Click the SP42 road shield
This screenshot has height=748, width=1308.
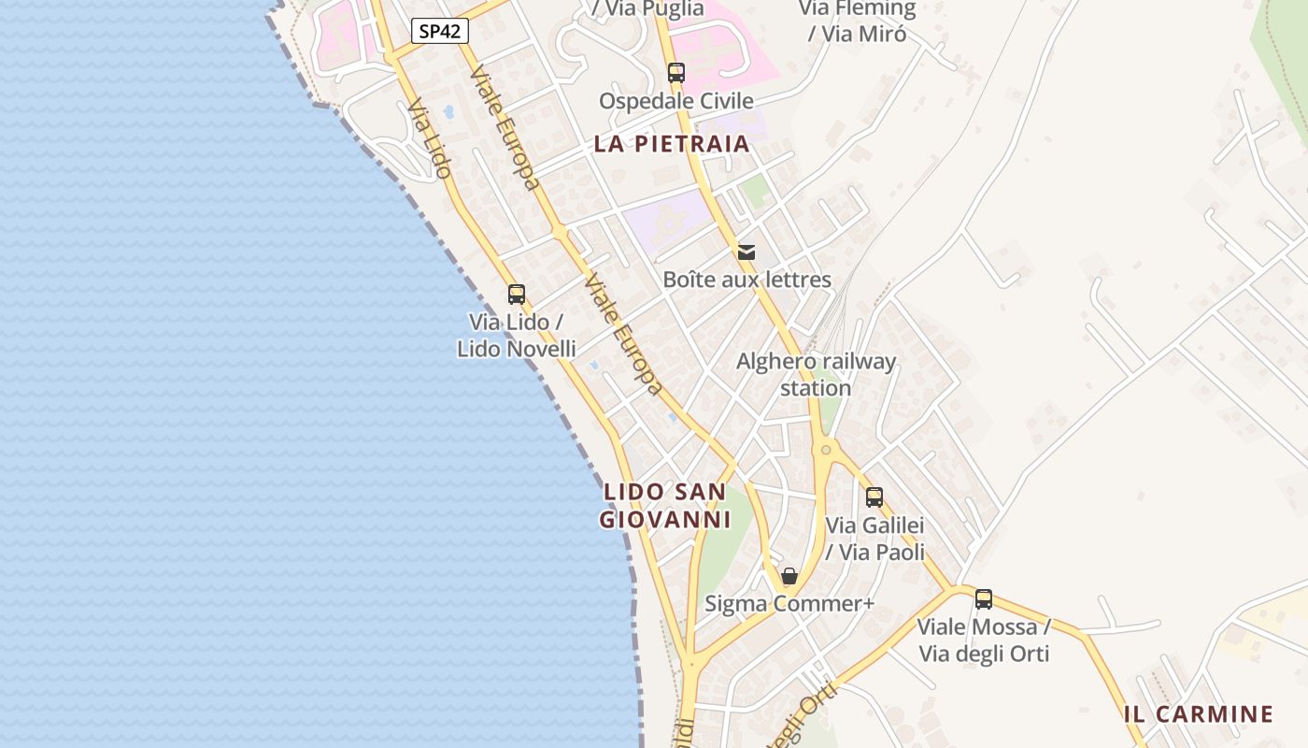coord(439,31)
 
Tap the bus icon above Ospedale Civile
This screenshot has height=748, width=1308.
coord(676,72)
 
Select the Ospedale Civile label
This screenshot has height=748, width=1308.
coord(676,101)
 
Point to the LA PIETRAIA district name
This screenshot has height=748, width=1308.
coord(673,144)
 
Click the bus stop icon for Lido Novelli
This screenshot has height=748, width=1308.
coord(517,295)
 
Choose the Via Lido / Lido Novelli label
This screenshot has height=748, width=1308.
coord(516,336)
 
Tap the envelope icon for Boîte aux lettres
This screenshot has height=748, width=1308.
coord(746,252)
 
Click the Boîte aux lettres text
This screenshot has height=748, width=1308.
coord(746,280)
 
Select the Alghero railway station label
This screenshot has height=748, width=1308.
coord(816,374)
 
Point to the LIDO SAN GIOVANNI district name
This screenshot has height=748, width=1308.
coord(664,505)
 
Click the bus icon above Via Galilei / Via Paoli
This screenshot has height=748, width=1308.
coord(874,497)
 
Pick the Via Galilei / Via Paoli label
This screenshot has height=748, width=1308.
coord(874,539)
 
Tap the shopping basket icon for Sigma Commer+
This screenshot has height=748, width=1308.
coord(789,576)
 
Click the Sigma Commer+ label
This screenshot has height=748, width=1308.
coord(789,604)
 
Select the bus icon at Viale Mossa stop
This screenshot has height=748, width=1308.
coord(984,599)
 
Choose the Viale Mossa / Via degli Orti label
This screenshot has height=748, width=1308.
coord(984,640)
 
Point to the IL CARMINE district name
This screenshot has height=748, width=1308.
coord(1199,715)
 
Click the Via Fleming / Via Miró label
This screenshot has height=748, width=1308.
coord(857,21)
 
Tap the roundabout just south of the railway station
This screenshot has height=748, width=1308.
coord(826,450)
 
